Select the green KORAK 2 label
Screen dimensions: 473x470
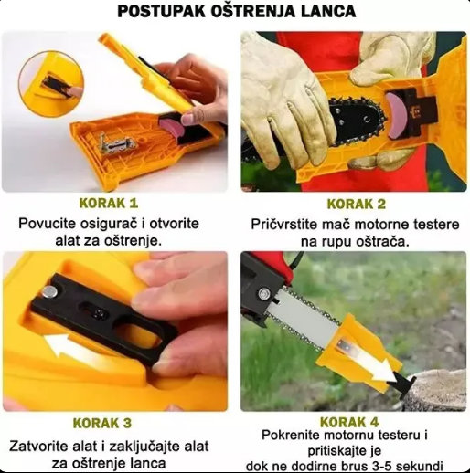355,203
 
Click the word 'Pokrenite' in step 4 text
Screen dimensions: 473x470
294,436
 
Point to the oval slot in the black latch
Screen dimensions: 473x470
135,330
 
